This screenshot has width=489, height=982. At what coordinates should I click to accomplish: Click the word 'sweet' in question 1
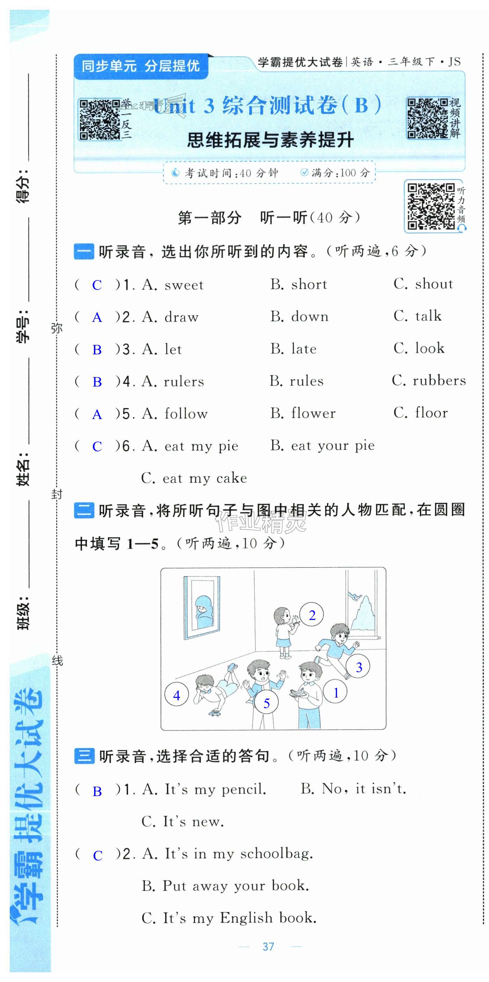(184, 285)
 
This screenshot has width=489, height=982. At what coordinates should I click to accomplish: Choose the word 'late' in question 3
(304, 349)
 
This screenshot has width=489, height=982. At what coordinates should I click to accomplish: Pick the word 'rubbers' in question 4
(439, 381)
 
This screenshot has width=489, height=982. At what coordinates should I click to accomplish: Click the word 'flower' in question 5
(313, 413)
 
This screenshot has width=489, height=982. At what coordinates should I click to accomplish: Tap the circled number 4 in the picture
(176, 696)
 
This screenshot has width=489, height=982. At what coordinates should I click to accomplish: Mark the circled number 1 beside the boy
(335, 692)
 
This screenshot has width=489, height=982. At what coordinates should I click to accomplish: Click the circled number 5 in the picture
(267, 703)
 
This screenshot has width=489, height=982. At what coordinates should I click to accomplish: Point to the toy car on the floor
(215, 712)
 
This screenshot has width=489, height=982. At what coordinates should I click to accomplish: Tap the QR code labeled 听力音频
(431, 206)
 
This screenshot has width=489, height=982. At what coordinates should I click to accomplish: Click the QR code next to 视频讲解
(427, 118)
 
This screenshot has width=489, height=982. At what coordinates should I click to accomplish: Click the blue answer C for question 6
(97, 446)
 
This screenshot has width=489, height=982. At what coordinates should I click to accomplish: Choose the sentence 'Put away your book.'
(235, 886)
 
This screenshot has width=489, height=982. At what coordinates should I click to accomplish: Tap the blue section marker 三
(84, 756)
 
